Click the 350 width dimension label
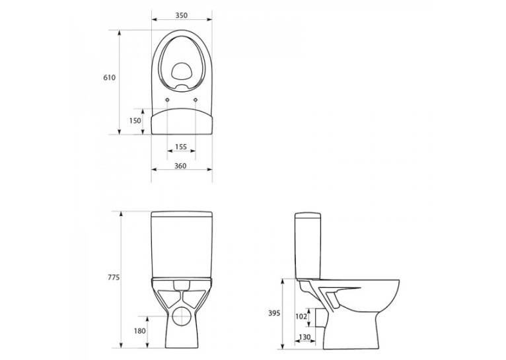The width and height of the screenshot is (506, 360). [182, 15]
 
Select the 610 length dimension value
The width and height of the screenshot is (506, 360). [109, 77]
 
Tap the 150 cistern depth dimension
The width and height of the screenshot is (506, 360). [135, 121]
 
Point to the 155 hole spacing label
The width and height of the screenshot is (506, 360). [181, 147]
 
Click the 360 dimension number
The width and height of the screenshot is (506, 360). [180, 166]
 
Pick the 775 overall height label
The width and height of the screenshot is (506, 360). [114, 277]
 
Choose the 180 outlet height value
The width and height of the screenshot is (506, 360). [140, 331]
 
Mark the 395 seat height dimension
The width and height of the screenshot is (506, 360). [274, 313]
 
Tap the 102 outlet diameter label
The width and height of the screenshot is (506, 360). [301, 317]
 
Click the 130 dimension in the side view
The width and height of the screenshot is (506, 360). [305, 337]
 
